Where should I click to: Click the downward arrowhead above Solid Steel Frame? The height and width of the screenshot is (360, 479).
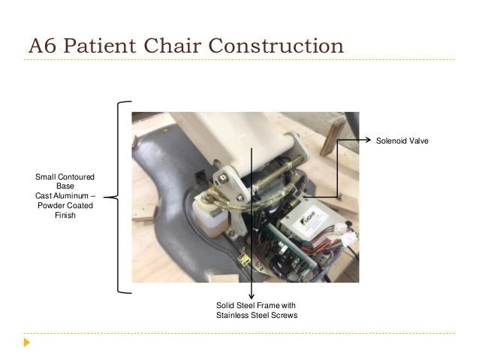coord(252,296)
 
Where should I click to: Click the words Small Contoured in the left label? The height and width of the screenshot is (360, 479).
coord(65,177)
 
